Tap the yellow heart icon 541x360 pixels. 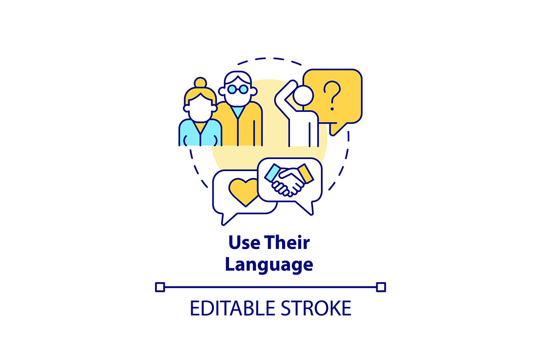(243, 192)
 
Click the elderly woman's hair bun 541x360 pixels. (201, 83)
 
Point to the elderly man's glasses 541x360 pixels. (238, 90)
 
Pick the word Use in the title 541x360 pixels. (244, 242)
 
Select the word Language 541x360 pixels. (269, 265)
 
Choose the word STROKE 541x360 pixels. (316, 308)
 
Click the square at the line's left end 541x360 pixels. (160, 287)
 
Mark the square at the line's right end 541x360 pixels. (381, 287)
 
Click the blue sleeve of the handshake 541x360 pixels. (272, 173)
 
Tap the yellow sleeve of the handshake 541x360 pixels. (305, 173)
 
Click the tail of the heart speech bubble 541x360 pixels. (228, 218)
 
